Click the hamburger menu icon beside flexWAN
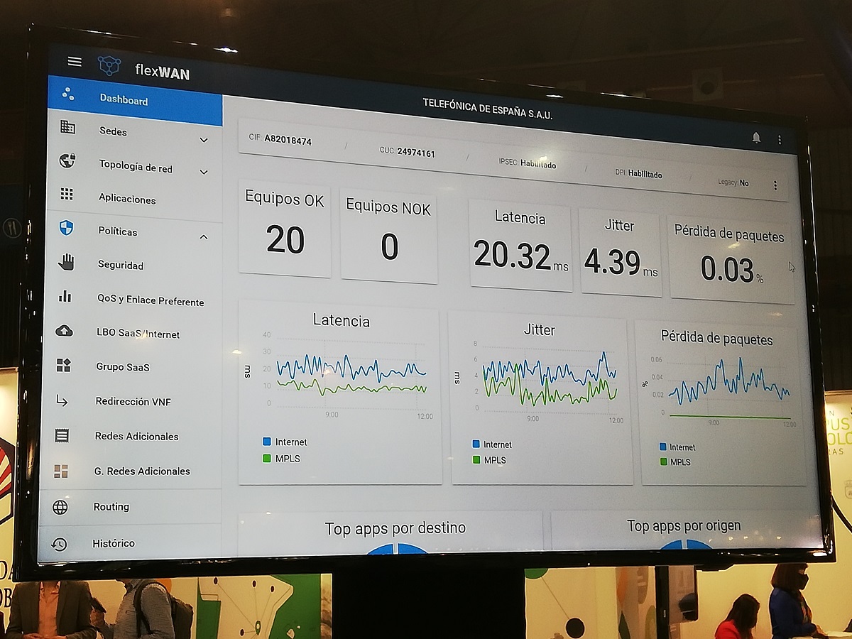pos(75,62)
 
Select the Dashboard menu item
pos(124,100)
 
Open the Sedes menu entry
pos(113,131)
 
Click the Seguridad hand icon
pos(66,263)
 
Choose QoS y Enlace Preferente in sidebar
pos(151,301)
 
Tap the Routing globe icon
pos(60,507)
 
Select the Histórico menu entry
pos(114,543)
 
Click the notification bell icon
pos(756,138)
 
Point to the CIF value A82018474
pos(288,140)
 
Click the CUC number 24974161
pos(416,153)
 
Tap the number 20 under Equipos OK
pos(285,240)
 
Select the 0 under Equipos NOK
pos(389,247)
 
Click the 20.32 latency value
pos(513,255)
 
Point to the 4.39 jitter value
pos(612,262)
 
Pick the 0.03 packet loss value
pos(726,269)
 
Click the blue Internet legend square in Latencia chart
pos(266,442)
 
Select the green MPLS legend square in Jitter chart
pos(476,460)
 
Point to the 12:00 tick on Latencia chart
pos(425,416)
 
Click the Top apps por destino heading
pos(395,528)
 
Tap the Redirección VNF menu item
pos(133,401)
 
